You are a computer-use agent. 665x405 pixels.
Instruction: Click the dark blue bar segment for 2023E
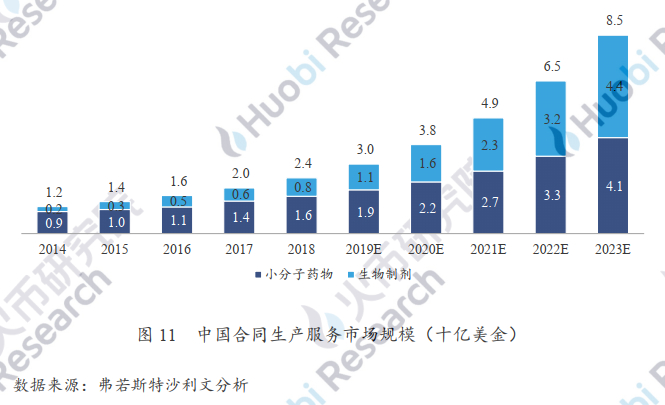tap(612, 185)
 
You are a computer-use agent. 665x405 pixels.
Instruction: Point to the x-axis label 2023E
tap(612, 247)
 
